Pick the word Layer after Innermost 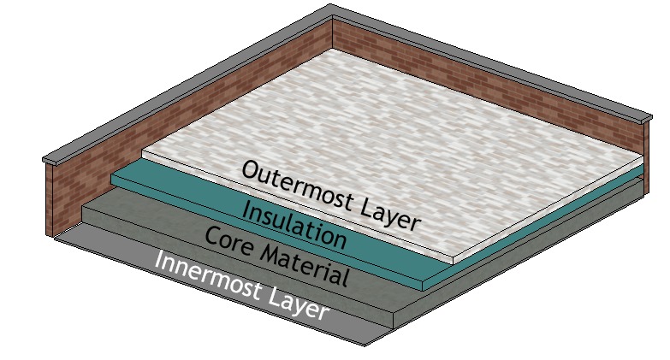point(296,303)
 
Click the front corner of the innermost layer point(365,344)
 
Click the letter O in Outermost point(251,170)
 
